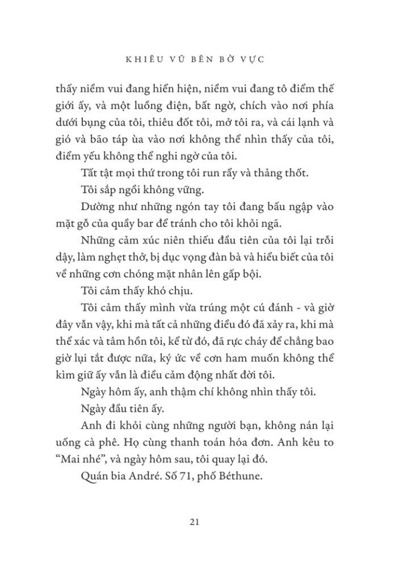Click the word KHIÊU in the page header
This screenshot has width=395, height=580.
(138, 57)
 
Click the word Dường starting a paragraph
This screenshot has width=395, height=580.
(93, 205)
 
